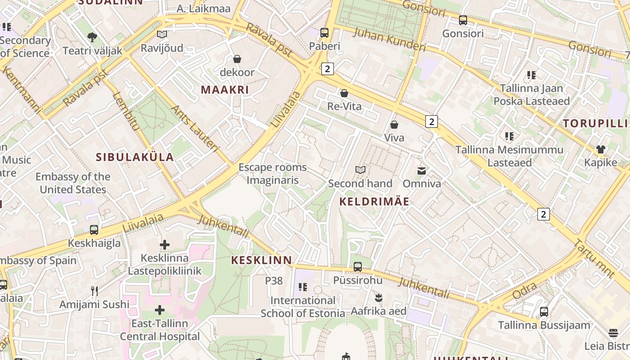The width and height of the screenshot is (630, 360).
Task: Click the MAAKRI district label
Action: click(x=225, y=90)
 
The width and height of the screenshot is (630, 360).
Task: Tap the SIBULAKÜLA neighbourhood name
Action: click(x=135, y=157)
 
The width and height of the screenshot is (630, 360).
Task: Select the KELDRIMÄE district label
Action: click(x=374, y=201)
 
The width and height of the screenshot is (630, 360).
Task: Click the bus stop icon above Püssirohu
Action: click(x=358, y=266)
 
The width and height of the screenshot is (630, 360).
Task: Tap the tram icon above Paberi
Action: click(x=324, y=32)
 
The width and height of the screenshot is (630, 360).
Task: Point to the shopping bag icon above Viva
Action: click(x=394, y=124)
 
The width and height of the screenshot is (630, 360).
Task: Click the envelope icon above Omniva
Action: click(x=422, y=171)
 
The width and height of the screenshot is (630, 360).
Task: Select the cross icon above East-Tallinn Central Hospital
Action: click(x=160, y=310)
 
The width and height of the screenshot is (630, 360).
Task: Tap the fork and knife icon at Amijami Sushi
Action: click(x=94, y=291)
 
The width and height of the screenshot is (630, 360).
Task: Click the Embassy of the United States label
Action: click(x=73, y=183)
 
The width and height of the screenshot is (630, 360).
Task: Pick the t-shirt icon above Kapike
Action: click(x=601, y=149)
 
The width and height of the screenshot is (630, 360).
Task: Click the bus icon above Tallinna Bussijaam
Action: click(x=544, y=311)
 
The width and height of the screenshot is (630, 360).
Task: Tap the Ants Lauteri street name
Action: click(x=194, y=128)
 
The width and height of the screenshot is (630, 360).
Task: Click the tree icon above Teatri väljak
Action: click(x=92, y=37)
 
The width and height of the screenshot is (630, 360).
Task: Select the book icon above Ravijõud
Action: click(x=162, y=34)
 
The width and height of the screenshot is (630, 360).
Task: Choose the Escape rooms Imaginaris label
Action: click(x=272, y=174)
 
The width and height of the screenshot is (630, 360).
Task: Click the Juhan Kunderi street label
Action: click(x=389, y=40)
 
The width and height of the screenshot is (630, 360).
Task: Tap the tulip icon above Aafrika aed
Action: click(x=378, y=297)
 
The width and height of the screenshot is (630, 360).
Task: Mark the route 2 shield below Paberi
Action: click(x=328, y=68)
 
